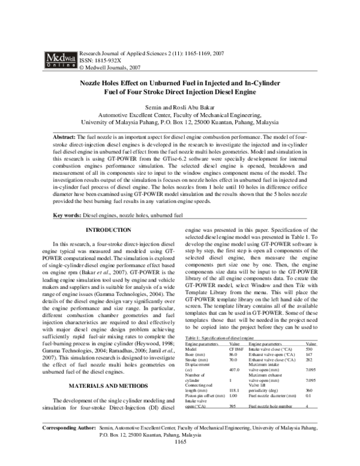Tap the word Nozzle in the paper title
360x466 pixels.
[x=94, y=85]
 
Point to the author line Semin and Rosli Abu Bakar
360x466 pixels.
[x=179, y=106]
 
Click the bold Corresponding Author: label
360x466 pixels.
[x=70, y=446]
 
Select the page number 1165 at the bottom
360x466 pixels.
[x=179, y=459]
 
